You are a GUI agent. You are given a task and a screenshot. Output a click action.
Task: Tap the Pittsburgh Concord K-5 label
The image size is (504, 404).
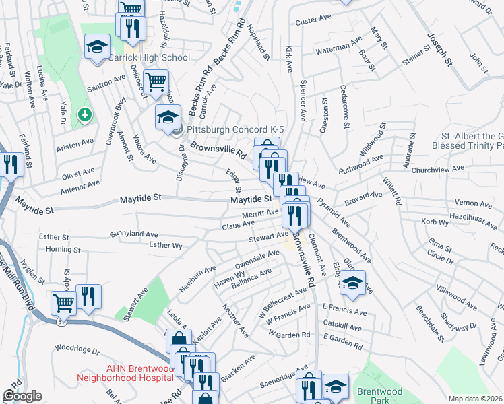pos(232,129)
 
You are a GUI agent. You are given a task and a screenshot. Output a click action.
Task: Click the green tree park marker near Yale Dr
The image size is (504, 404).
pos(84,114)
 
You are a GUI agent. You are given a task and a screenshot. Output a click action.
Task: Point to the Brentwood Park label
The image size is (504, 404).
pos(379,396)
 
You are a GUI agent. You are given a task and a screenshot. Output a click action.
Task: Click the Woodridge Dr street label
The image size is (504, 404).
pos(77,350)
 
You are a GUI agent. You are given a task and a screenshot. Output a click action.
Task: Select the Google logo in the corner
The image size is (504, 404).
pos(22,396)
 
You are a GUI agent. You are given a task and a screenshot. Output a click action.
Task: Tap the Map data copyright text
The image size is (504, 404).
pos(474,399)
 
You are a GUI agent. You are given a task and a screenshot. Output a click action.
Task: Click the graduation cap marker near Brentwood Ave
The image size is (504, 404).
pos(352,283)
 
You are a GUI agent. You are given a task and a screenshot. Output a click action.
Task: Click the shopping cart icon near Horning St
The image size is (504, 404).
pos(63,303)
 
